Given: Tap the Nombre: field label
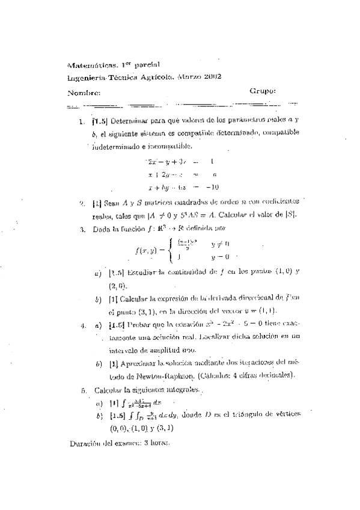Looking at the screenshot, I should coord(81,92).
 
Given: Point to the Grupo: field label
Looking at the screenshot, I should coord(262,91).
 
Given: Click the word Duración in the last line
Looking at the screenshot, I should coord(85,443).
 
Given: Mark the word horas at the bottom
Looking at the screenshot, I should coord(159,443).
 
